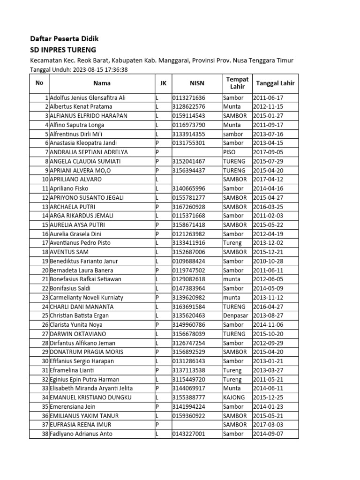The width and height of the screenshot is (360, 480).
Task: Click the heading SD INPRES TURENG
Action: (63, 50)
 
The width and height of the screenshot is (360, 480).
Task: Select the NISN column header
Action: (197, 83)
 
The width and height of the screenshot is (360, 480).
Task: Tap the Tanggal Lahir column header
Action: (275, 83)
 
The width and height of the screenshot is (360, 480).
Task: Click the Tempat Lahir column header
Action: (237, 83)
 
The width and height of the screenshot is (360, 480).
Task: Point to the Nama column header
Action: (102, 83)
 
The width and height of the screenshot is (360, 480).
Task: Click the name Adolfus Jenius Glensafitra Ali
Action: (88, 98)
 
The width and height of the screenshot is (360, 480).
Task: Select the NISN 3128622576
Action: (189, 107)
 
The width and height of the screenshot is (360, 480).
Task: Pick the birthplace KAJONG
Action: (234, 397)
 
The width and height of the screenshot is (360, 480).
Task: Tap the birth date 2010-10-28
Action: (268, 261)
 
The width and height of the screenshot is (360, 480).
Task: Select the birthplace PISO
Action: (230, 152)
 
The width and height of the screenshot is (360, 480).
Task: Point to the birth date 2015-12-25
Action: (268, 397)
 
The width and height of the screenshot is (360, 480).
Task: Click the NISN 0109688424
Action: (189, 261)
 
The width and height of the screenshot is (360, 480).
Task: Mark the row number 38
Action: (45, 434)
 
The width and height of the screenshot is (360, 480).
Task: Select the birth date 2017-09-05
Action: (268, 152)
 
